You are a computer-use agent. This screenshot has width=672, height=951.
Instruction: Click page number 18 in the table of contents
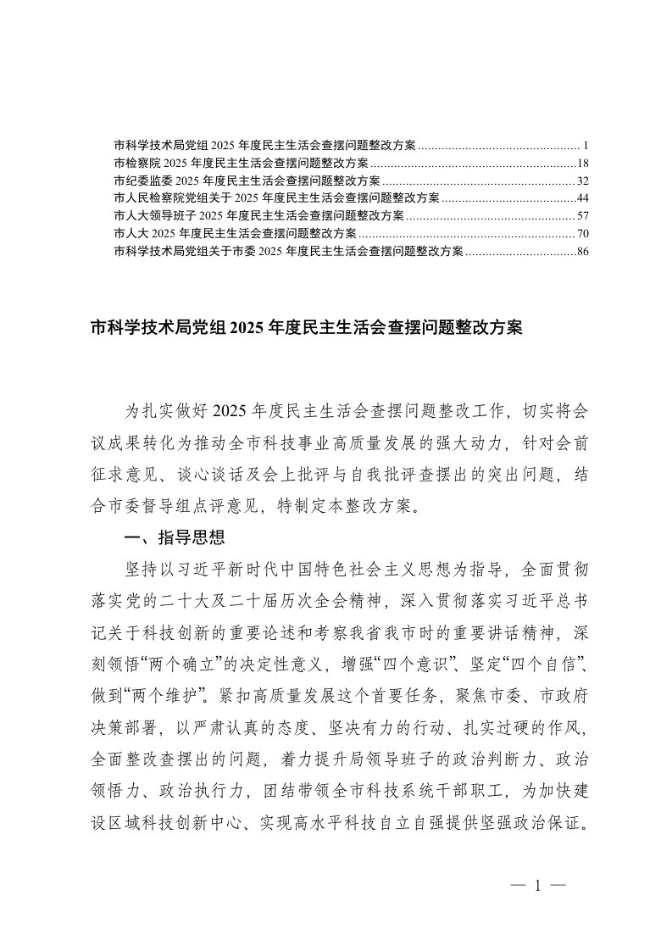click(x=582, y=163)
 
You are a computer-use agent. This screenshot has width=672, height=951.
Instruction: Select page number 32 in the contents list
click(x=582, y=181)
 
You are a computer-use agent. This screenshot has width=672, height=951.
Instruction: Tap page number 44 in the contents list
click(x=582, y=197)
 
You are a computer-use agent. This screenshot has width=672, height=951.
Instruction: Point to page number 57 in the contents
click(x=582, y=215)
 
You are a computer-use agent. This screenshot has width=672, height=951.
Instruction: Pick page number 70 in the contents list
click(x=582, y=232)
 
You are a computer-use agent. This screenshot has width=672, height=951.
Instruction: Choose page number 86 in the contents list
click(x=582, y=250)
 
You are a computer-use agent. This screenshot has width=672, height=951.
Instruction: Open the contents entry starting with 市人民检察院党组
click(x=275, y=197)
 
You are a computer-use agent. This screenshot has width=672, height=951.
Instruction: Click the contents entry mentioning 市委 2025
click(x=287, y=250)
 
